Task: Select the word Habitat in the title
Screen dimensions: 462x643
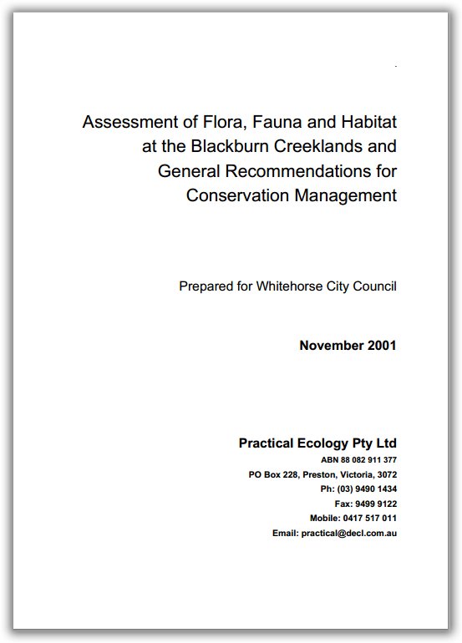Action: [x=365, y=123]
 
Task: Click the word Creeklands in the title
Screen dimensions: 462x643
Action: [x=322, y=147]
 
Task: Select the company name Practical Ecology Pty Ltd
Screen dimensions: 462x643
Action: [x=317, y=443]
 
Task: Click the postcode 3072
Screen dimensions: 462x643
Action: [x=385, y=474]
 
